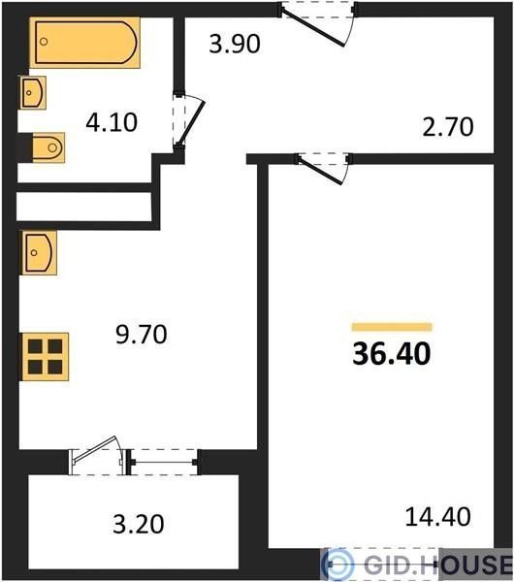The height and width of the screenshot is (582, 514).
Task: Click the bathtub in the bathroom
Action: click(x=84, y=43)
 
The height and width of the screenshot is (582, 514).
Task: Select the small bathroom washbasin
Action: click(x=33, y=93)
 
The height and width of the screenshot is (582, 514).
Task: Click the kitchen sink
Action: click(x=39, y=253)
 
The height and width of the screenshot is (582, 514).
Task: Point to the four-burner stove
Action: click(x=45, y=357)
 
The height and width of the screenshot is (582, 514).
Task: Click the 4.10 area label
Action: click(x=112, y=123)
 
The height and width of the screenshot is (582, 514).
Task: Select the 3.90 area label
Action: click(x=235, y=44)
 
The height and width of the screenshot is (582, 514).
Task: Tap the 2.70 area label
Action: click(x=448, y=127)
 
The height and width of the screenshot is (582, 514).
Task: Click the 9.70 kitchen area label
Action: click(x=142, y=334)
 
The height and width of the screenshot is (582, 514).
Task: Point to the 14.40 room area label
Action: click(x=438, y=517)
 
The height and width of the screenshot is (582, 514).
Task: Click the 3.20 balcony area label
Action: click(x=139, y=524)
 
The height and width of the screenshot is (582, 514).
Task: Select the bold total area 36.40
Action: click(x=392, y=354)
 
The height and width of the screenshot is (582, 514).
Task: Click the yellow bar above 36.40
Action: click(x=392, y=327)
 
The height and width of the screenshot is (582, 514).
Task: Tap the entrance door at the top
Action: click(x=316, y=24)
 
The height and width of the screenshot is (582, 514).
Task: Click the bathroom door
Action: click(x=189, y=122)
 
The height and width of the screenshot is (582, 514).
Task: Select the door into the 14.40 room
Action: click(x=322, y=169)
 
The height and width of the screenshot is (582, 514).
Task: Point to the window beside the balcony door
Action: click(x=164, y=462)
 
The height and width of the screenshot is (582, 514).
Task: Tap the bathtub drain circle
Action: click(x=44, y=42)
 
